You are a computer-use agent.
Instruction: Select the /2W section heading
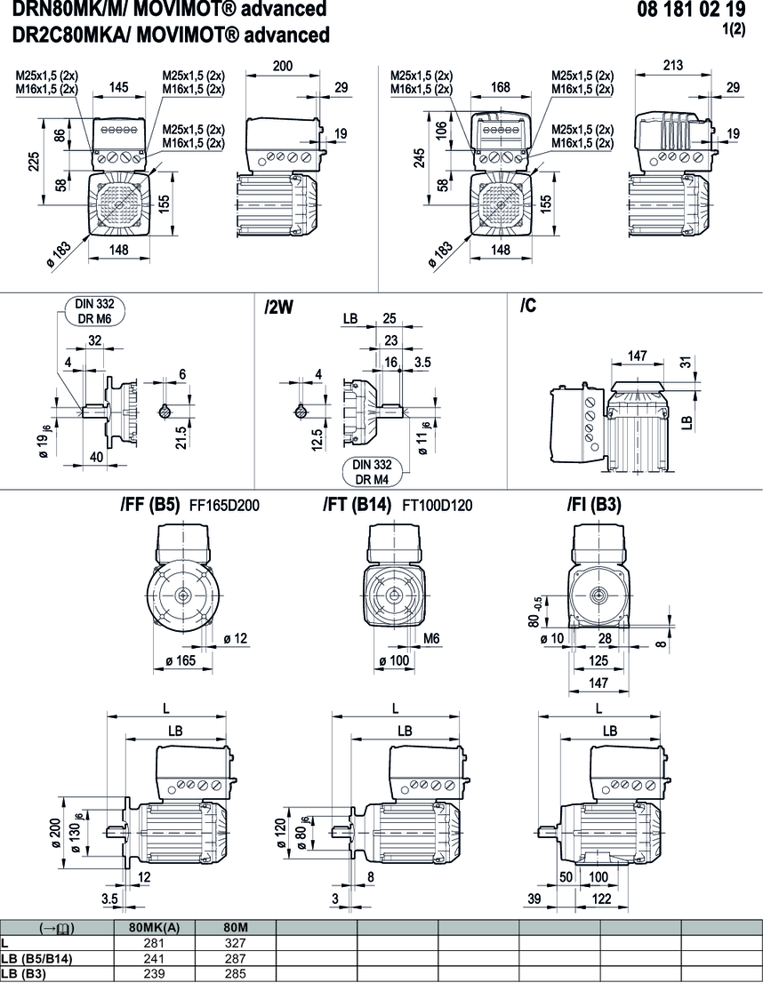coord(278,308)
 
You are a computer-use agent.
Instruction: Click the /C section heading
coord(528,307)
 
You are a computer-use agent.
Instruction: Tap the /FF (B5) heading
coord(150,505)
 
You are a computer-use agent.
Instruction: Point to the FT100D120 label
coord(438,506)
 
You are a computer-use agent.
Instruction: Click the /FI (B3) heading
coord(594,505)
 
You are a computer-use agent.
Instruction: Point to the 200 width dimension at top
coord(282,67)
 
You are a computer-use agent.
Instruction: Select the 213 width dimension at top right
coord(673,65)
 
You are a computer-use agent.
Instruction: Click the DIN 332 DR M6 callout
coord(93,312)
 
